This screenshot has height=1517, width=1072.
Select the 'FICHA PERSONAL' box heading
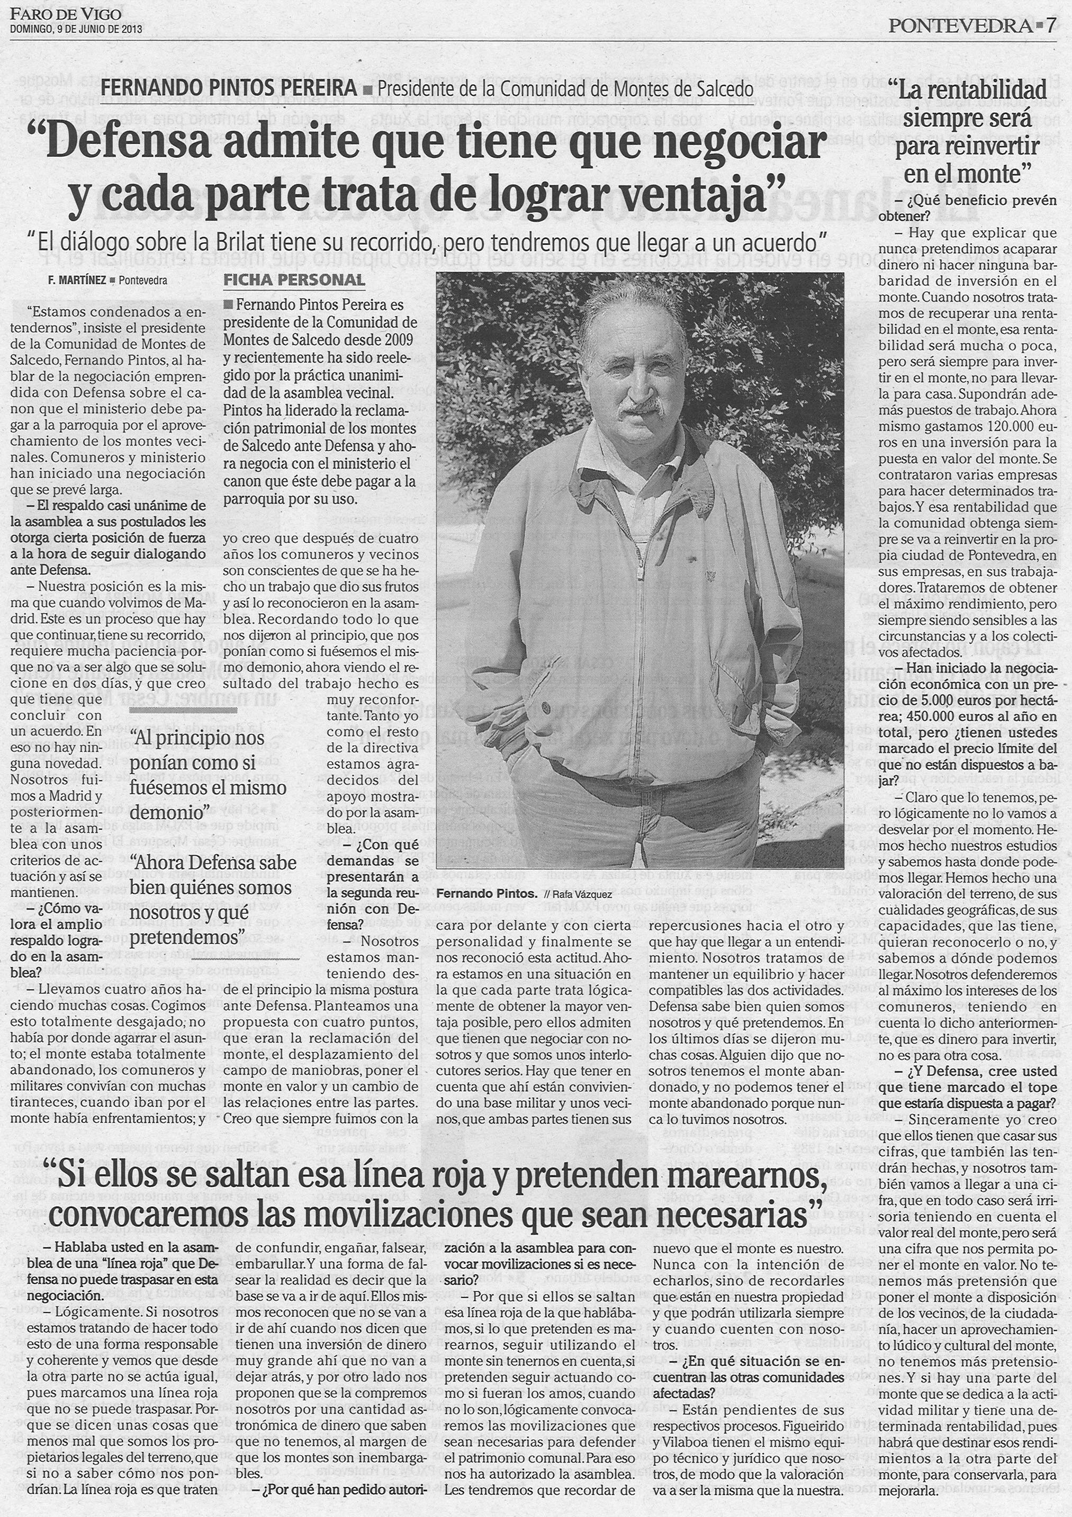tap(294, 280)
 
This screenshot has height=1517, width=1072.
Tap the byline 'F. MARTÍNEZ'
tap(77, 280)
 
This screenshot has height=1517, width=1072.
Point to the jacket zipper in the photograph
tap(639, 595)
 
